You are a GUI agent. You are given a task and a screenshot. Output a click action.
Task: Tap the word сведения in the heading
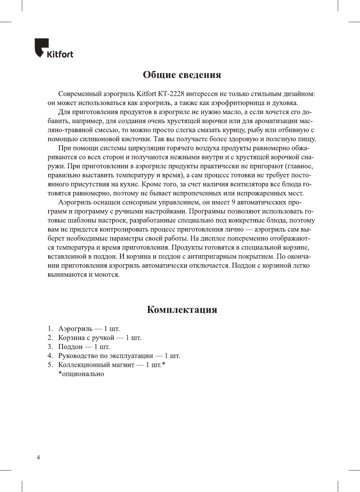tap(199, 75)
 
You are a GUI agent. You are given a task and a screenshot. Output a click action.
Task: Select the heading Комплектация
tap(182, 309)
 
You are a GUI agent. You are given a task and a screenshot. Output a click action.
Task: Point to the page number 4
tap(38, 457)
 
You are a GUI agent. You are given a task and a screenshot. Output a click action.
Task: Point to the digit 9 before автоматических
tap(233, 202)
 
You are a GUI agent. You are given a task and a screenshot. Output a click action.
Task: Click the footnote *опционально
tap(81, 374)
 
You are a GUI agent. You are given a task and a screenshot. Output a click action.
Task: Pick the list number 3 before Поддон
tap(50, 347)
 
